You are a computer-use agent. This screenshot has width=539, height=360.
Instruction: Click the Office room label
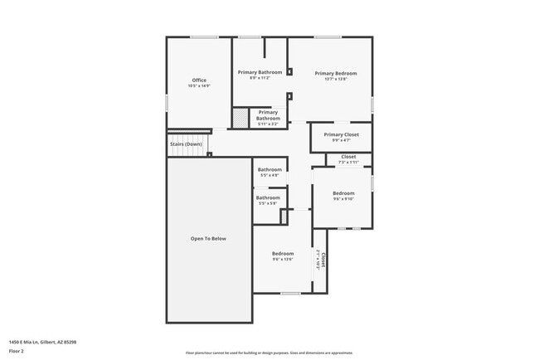199,80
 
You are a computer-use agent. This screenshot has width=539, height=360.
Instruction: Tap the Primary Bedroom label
335,73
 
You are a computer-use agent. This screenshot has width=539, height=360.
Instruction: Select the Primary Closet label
341,134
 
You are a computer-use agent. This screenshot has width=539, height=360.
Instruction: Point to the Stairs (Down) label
186,144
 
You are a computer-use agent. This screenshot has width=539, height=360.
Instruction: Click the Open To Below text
208,239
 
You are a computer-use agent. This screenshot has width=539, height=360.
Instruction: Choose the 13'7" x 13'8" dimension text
335,80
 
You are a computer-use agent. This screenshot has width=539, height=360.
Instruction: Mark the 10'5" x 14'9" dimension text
199,86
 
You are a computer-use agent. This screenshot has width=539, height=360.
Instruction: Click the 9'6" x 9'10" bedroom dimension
343,199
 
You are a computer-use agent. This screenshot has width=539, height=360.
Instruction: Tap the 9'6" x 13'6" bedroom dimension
283,260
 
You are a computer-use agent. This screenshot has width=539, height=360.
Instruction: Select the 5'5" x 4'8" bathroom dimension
269,176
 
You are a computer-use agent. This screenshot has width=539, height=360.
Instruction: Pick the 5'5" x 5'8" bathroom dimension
268,203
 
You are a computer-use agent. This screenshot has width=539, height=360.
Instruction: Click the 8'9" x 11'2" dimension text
260,78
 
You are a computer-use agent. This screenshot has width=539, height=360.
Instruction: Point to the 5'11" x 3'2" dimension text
268,124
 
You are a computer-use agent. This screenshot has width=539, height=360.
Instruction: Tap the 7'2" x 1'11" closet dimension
348,163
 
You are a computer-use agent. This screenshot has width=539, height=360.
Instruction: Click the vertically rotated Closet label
323,261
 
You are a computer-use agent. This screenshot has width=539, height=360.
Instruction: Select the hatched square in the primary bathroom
240,119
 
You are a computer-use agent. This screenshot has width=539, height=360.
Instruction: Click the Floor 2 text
17,351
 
